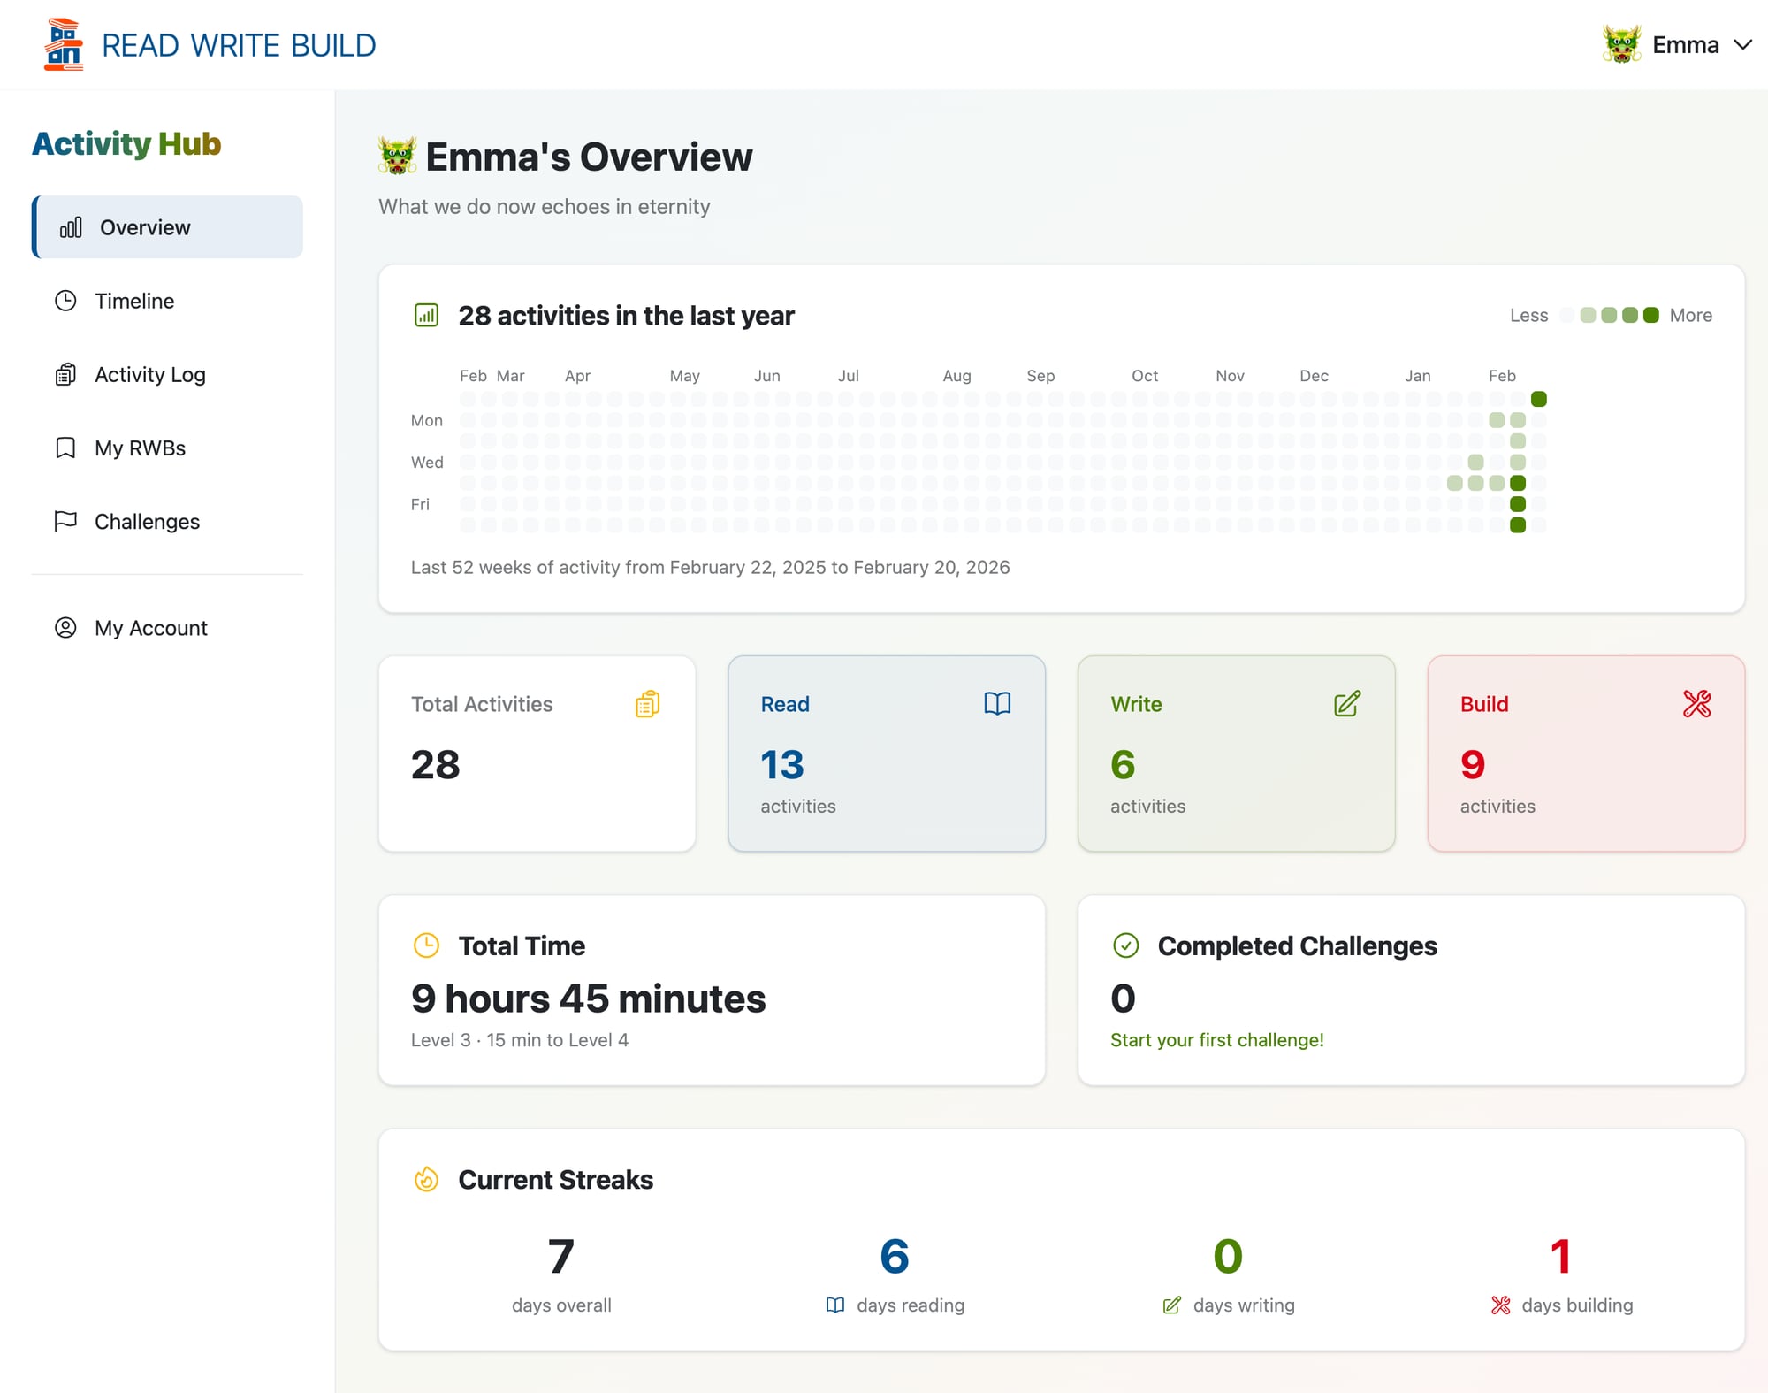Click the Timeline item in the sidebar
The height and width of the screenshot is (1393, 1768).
[133, 301]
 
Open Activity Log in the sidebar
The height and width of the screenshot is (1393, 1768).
[149, 374]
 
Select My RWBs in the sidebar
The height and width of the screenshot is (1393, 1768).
[140, 448]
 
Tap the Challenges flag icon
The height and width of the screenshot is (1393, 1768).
[65, 522]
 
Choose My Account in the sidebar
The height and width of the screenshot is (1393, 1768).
[150, 628]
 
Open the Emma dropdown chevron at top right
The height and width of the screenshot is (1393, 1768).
[1742, 45]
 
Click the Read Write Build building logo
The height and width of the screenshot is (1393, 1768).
[64, 45]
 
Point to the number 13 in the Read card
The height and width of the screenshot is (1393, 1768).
[782, 765]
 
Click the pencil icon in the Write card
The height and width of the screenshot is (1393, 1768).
[1347, 704]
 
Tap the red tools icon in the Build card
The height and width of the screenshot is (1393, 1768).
[1696, 704]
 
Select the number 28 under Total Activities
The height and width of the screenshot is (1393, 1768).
[436, 765]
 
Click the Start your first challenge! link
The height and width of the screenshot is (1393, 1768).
[1216, 1040]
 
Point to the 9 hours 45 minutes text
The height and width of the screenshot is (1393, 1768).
[588, 999]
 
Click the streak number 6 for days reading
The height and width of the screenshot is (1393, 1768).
[895, 1256]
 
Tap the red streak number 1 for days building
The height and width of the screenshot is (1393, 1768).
[1561, 1256]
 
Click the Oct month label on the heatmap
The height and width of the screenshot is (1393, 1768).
[1144, 376]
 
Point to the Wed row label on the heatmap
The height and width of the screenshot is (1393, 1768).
[427, 463]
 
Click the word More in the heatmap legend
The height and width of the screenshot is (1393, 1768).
[1690, 316]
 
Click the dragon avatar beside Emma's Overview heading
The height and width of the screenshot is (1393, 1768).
[397, 157]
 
